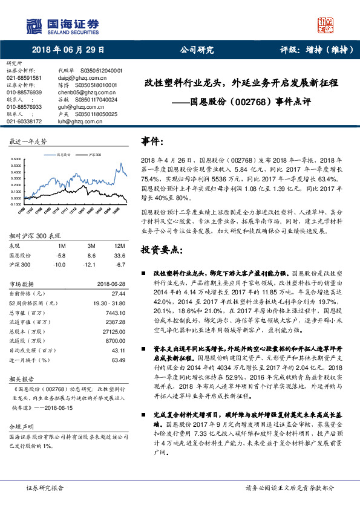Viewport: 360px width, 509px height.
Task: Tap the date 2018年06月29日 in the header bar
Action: [x=68, y=51]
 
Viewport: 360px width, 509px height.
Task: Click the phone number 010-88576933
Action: [x=24, y=106]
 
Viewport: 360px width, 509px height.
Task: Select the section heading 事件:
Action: [x=152, y=141]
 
